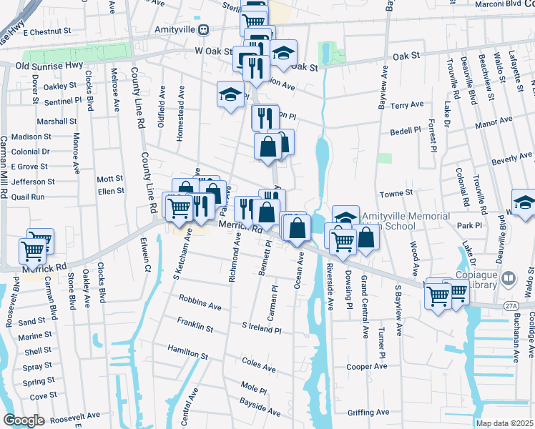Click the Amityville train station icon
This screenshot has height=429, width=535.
click(204, 29)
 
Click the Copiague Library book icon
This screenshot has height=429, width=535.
click(509, 277)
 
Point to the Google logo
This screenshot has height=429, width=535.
click(24, 420)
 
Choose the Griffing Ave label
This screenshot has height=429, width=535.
click(368, 412)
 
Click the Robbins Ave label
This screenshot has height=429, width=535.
click(200, 305)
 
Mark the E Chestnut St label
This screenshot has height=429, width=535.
click(49, 32)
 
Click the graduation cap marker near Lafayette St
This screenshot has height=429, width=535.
click(524, 202)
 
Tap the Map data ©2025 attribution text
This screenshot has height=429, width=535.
click(505, 423)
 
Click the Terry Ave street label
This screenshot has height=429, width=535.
click(407, 105)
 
